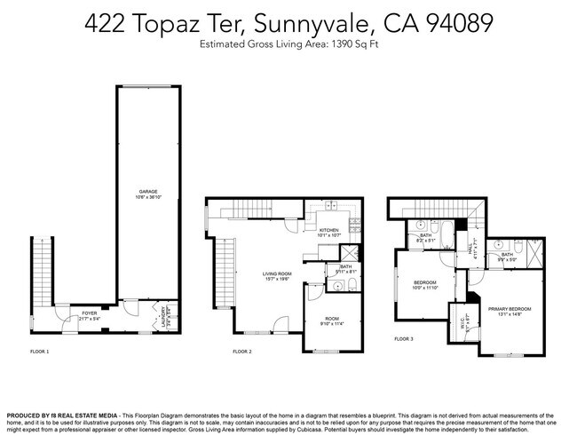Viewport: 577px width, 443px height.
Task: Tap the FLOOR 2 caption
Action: pos(242,352)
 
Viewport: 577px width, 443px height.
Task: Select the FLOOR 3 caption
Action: pos(403,339)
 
